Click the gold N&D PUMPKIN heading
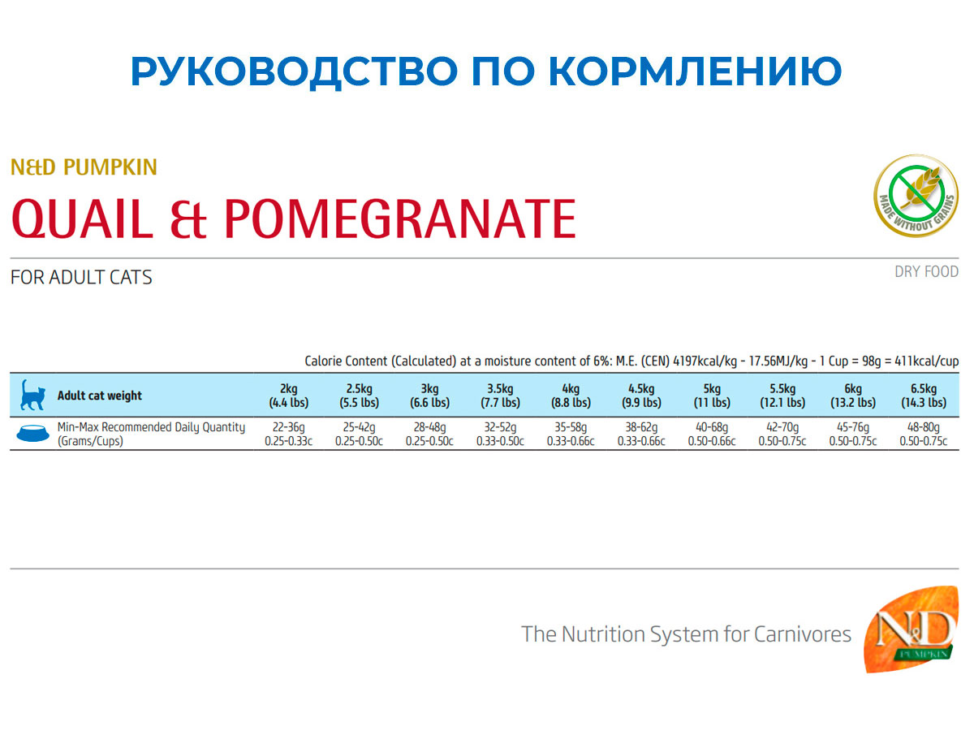[84, 168]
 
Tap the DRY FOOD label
[926, 272]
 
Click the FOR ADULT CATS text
[81, 278]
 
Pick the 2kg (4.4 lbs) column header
[289, 396]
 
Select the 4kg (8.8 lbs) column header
[571, 396]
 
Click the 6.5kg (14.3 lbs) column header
[924, 396]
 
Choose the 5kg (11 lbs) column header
[712, 396]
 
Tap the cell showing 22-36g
[289, 428]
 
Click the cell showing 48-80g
[924, 428]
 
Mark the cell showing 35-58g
[571, 428]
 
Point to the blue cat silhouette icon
[32, 396]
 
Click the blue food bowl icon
[32, 435]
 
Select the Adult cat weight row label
[99, 396]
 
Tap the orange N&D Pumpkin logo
[910, 638]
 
